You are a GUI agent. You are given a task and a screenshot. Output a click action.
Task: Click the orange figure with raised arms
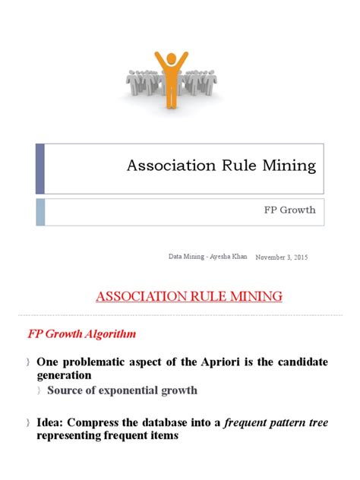click(167, 79)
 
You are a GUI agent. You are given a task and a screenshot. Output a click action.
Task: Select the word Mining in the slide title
click(291, 167)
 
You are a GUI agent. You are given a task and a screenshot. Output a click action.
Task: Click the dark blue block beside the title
click(40, 168)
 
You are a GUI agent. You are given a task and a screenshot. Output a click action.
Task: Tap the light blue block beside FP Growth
click(40, 212)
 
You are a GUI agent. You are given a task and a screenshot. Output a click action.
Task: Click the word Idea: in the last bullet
click(52, 423)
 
